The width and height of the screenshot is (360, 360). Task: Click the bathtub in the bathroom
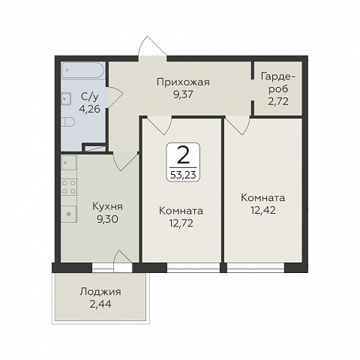[x=83, y=70]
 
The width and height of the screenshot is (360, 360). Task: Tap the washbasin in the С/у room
[x=66, y=99]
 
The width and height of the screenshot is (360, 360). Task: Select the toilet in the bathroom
[x=68, y=122]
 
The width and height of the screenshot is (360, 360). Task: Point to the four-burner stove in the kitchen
[x=69, y=187]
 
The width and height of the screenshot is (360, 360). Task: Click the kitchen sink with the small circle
[x=68, y=163]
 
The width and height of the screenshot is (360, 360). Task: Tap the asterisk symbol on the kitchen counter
[x=69, y=214]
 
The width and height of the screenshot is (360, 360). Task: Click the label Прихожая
[x=183, y=82]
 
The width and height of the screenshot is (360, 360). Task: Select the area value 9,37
[x=184, y=94]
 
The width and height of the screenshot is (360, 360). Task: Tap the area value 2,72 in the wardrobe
[x=278, y=101]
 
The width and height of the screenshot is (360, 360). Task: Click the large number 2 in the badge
[x=183, y=155]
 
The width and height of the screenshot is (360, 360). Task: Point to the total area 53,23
[x=183, y=175]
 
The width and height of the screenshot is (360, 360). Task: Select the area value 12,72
[x=181, y=223]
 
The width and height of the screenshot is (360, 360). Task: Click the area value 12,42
[x=263, y=210]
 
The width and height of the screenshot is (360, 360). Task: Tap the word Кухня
[x=107, y=206]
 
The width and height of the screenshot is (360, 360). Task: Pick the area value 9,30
[x=107, y=219]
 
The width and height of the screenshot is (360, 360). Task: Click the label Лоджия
[x=100, y=292]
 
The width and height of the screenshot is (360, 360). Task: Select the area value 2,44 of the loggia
[x=100, y=304]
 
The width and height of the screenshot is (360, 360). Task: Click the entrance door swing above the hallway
[x=152, y=47]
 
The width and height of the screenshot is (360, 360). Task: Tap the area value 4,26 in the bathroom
[x=89, y=109]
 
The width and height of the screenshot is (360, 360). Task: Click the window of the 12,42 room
[x=256, y=267]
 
